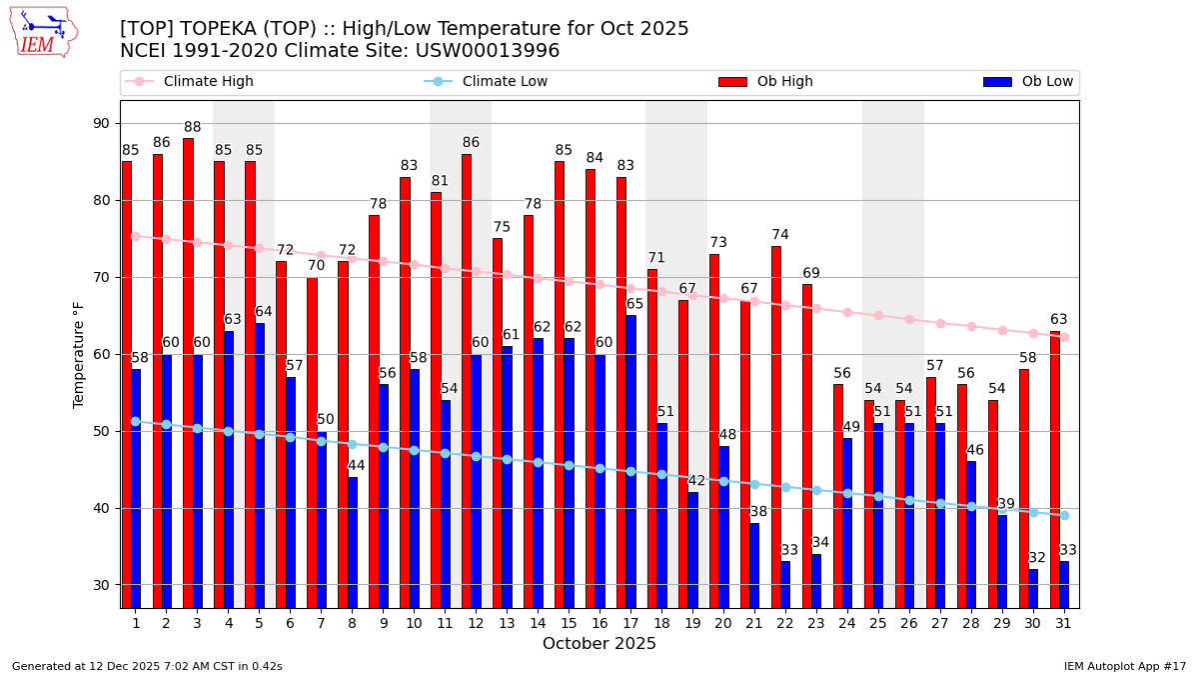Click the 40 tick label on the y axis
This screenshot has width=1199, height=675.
pos(102,508)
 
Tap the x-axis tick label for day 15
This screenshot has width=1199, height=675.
pos(569,622)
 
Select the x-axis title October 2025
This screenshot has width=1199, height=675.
pos(599,644)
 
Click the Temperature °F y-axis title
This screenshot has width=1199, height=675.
pos(80,354)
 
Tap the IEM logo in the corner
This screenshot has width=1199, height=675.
pos(43,32)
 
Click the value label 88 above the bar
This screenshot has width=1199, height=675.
pos(193,127)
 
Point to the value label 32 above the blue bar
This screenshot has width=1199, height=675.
pos(1037,558)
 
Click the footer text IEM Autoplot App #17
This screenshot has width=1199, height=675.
pos(1124,666)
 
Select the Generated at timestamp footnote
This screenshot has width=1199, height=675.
pos(147,666)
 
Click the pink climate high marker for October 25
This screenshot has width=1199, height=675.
pos(878,315)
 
